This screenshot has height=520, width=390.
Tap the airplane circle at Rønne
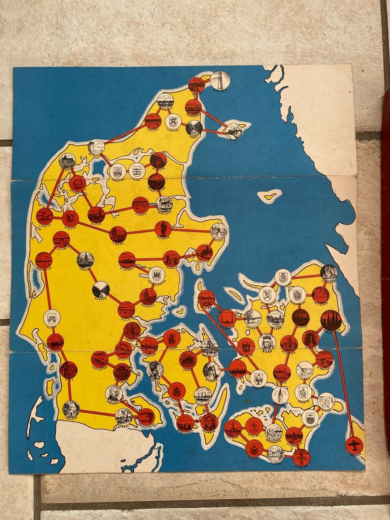click(x=353, y=445)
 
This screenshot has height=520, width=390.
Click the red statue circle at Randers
click(x=162, y=230)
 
